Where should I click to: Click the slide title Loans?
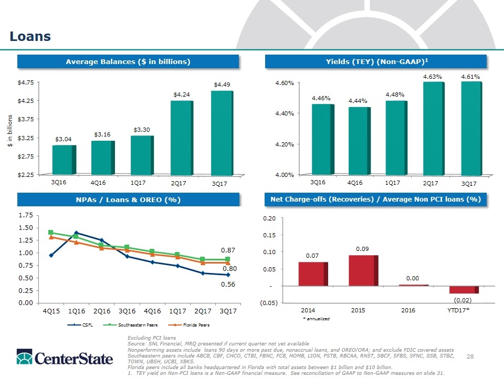tap(30, 36)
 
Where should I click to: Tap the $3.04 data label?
tap(64, 139)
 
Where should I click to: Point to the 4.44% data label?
tap(358, 101)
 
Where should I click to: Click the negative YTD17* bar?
tap(464, 290)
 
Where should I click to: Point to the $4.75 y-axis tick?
tap(26, 82)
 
